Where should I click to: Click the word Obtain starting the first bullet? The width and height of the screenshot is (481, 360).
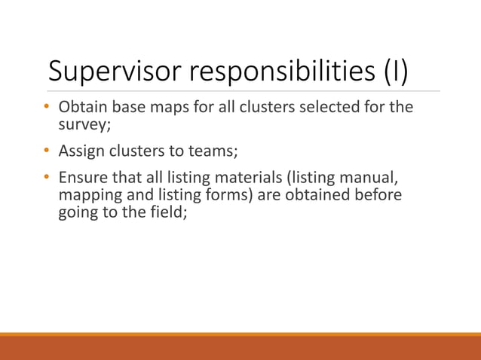click(84, 107)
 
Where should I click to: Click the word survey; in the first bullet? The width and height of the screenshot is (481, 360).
click(84, 122)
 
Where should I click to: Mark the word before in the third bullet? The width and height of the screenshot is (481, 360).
click(376, 194)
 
